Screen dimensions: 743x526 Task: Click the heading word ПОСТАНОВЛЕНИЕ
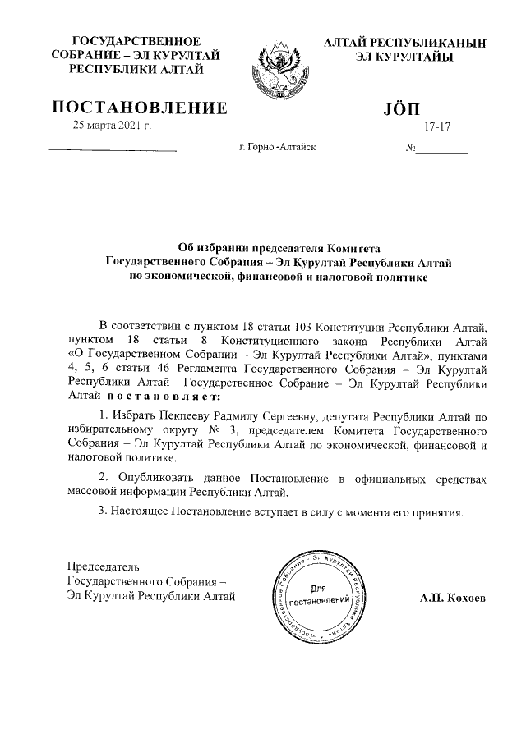coord(140,108)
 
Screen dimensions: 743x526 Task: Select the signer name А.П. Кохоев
coord(452,599)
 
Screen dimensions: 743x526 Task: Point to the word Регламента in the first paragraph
coord(185,369)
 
